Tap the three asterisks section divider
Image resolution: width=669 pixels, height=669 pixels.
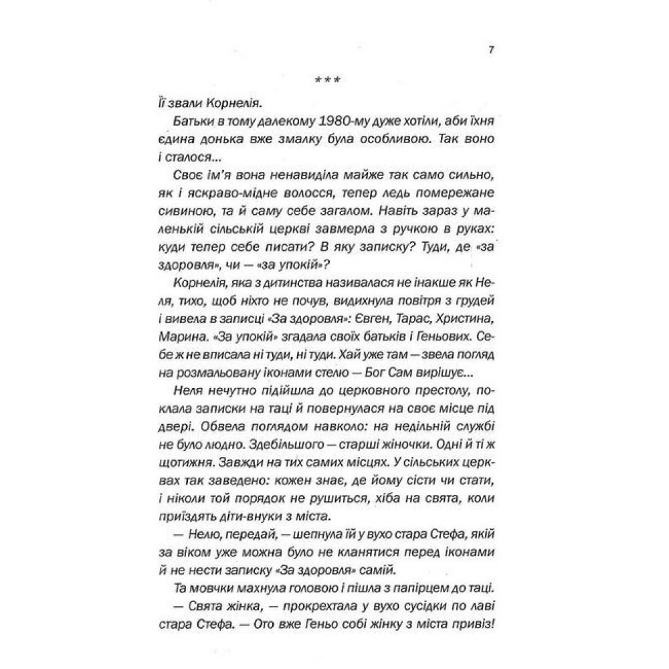[x=328, y=83]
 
